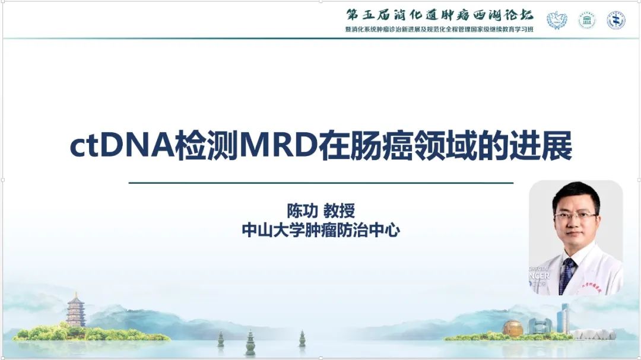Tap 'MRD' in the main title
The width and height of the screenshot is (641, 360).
(x=279, y=146)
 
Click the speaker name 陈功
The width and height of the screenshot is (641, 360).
(x=303, y=211)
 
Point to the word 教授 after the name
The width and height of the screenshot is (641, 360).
(x=339, y=211)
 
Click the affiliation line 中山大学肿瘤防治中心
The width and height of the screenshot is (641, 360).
(x=321, y=230)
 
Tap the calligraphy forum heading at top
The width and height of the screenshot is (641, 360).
(x=440, y=15)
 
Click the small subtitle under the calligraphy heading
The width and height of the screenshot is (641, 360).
(x=439, y=30)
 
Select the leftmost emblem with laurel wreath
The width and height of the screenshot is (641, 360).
(x=557, y=20)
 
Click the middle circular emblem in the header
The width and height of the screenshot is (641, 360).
(x=586, y=20)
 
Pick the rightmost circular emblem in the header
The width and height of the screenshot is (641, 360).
(x=615, y=20)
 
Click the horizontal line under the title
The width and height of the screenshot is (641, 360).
(x=321, y=183)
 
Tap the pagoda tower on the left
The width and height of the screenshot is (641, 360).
(x=76, y=310)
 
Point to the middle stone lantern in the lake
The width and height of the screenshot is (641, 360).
(x=250, y=342)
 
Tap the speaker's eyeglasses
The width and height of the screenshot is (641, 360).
(x=575, y=215)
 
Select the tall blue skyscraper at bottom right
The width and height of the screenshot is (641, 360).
(x=564, y=318)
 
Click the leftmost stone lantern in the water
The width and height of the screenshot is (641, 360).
(x=221, y=339)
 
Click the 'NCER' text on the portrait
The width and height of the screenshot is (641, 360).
(x=540, y=276)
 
